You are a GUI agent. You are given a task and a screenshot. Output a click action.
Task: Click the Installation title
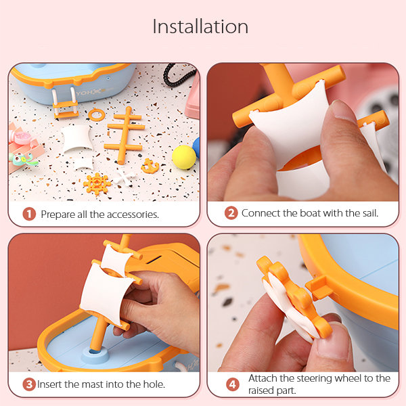(200, 26)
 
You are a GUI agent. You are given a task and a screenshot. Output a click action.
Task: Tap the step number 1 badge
(29, 215)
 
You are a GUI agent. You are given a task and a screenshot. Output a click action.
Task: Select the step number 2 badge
(231, 213)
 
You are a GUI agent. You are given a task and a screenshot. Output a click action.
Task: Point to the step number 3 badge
(29, 384)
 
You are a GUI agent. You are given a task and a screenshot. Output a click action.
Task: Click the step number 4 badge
(233, 384)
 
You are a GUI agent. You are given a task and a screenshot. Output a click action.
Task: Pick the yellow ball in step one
(184, 157)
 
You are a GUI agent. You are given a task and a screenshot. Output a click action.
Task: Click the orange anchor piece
(150, 166)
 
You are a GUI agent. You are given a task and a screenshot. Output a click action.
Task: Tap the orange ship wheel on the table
(97, 184)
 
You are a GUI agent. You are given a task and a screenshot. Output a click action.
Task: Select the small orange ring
(97, 114)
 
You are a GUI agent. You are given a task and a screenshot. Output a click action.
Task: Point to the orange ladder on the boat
(65, 103)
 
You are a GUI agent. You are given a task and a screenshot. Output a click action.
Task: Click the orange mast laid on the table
(125, 135)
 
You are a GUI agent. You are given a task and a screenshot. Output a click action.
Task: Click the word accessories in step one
(133, 215)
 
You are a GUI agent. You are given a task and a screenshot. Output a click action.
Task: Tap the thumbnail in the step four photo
(334, 339)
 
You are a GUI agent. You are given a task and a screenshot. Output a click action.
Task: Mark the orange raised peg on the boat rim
(319, 288)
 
